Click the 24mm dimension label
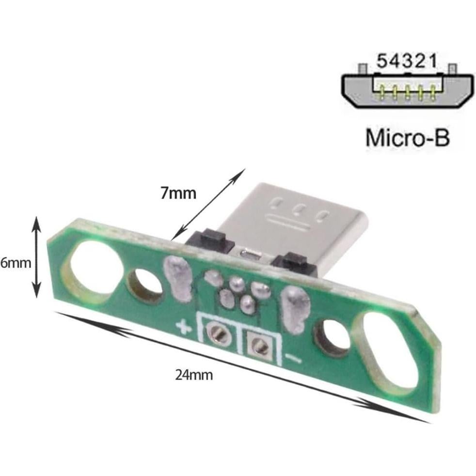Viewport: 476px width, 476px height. [194, 375]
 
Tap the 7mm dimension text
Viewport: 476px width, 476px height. [178, 193]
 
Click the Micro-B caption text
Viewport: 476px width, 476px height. [407, 137]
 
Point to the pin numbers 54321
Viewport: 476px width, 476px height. [406, 62]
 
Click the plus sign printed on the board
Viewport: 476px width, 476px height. [183, 328]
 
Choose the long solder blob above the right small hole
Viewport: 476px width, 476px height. [296, 309]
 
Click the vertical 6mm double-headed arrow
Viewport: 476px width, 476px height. [36, 257]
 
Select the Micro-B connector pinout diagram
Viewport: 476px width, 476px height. [406, 87]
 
